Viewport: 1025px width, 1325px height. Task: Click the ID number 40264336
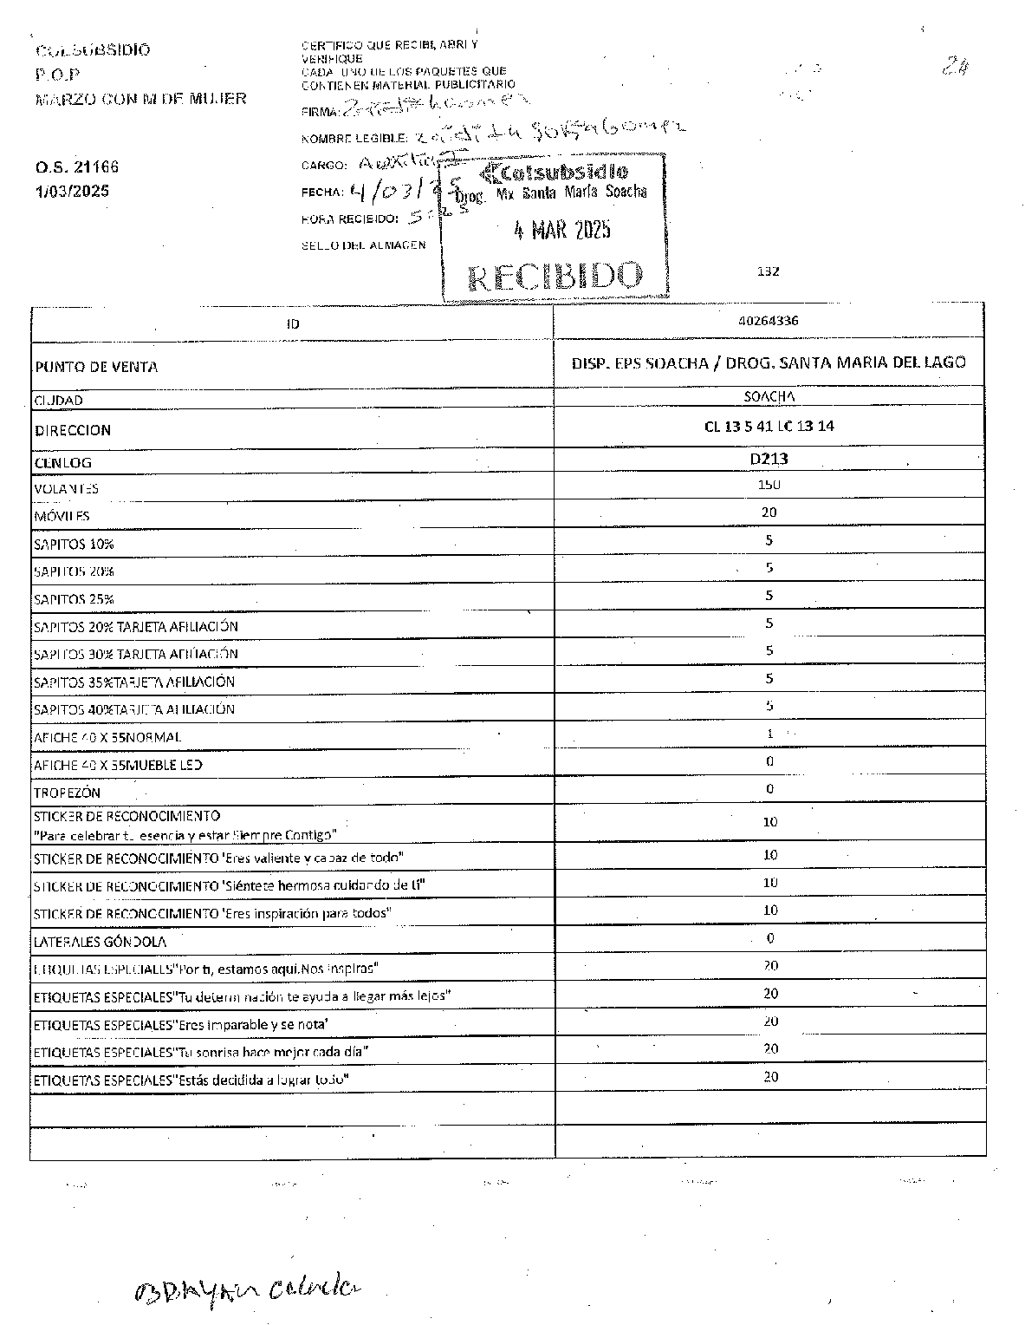[769, 320]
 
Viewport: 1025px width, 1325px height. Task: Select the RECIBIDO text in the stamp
[555, 276]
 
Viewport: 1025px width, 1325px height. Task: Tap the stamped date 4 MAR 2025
[561, 230]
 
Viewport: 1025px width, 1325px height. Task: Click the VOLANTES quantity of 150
[769, 485]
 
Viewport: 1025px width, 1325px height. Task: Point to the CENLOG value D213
[769, 459]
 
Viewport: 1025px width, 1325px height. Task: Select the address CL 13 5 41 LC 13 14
[769, 426]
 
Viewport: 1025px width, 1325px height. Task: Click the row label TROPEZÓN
[67, 793]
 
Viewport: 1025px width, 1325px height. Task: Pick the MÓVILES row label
[62, 516]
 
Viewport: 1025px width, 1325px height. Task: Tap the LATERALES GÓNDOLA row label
[100, 941]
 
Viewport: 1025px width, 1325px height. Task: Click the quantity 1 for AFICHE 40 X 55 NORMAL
[769, 734]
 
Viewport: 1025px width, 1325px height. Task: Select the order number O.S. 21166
[77, 166]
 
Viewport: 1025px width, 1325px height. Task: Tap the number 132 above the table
[768, 271]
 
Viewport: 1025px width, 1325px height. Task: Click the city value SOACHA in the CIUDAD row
[769, 396]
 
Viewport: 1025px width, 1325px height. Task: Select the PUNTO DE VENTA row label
[95, 367]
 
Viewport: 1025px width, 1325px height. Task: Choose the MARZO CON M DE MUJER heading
[141, 99]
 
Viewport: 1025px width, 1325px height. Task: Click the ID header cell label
[293, 324]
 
